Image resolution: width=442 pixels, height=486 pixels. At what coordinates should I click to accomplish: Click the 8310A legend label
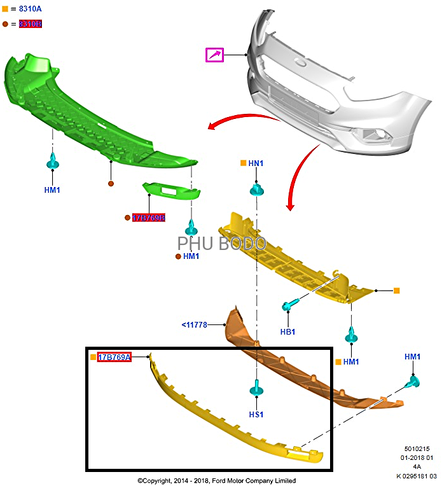pyautogui.click(x=30, y=9)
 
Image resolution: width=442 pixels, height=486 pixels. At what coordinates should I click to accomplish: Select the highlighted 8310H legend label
pyautogui.click(x=30, y=24)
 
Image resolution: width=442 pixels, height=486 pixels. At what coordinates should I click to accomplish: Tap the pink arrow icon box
pyautogui.click(x=215, y=55)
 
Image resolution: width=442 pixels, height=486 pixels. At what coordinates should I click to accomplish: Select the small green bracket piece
pyautogui.click(x=170, y=191)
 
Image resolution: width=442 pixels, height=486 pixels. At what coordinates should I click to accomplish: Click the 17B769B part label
pyautogui.click(x=148, y=218)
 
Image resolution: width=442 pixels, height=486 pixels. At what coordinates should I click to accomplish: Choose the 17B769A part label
pyautogui.click(x=114, y=358)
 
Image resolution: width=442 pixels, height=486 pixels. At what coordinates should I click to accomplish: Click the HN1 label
pyautogui.click(x=256, y=163)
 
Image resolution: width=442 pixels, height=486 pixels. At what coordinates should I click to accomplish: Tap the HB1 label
pyautogui.click(x=287, y=331)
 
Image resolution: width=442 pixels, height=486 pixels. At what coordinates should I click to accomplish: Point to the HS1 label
pyautogui.click(x=256, y=414)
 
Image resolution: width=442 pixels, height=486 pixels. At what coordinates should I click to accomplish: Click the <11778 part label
pyautogui.click(x=195, y=325)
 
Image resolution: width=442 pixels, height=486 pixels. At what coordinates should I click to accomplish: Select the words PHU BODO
pyautogui.click(x=221, y=244)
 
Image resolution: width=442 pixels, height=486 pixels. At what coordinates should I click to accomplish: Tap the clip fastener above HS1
pyautogui.click(x=256, y=388)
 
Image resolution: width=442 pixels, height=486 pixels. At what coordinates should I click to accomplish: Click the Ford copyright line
pyautogui.click(x=216, y=480)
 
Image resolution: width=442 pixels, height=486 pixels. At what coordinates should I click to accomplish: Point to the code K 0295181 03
pyautogui.click(x=417, y=475)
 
